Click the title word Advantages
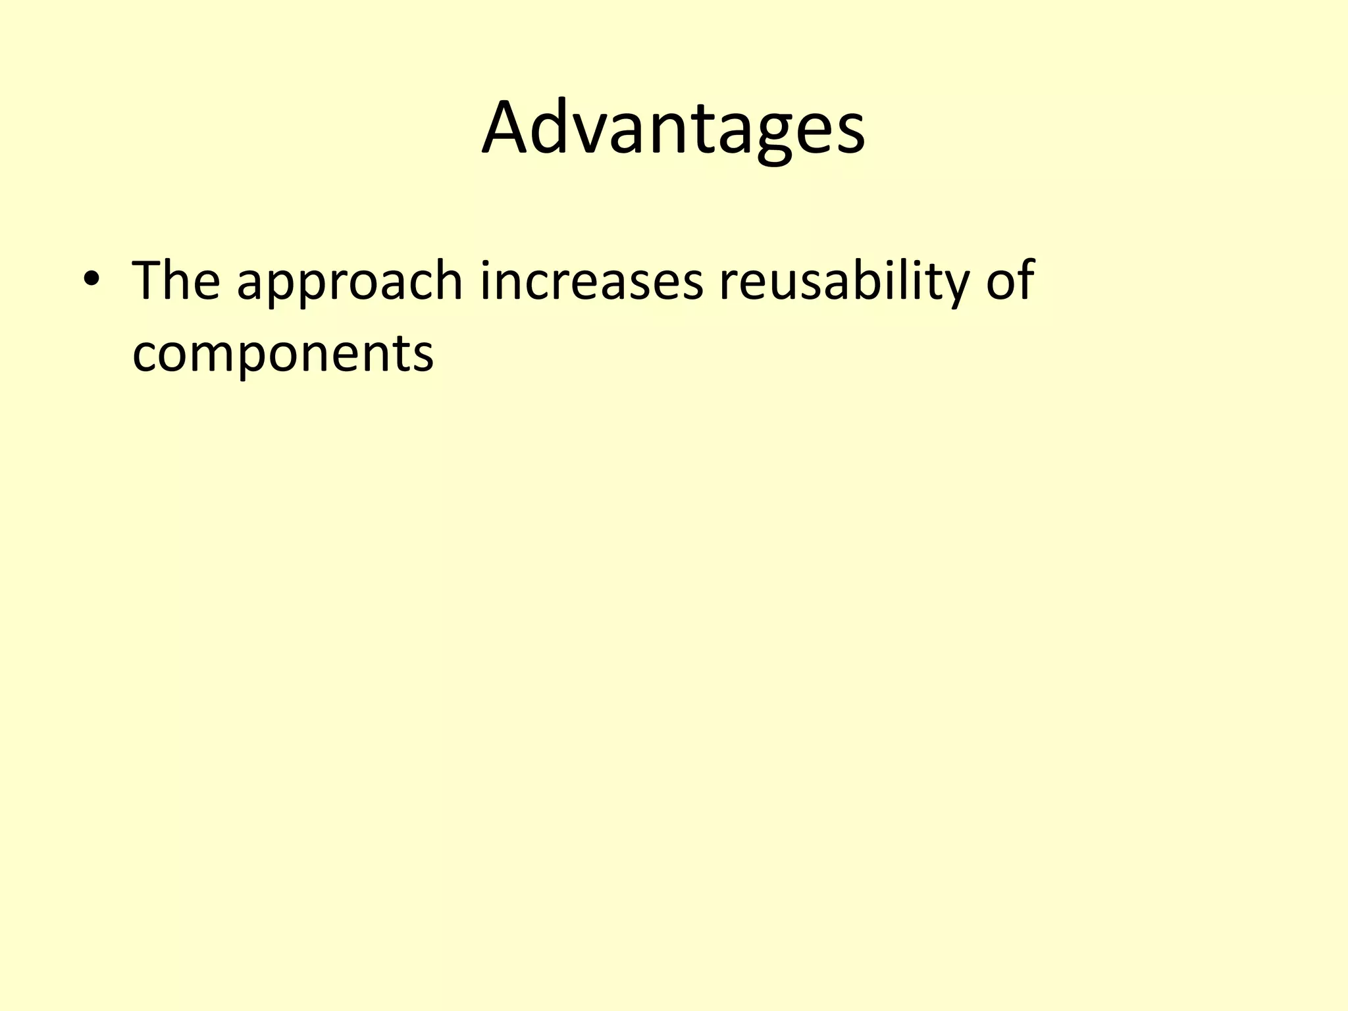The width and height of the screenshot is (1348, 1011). coord(673,128)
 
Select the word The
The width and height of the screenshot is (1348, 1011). coord(176,281)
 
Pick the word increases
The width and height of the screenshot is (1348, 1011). coord(592,281)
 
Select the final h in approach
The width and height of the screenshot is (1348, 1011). coord(446,280)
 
